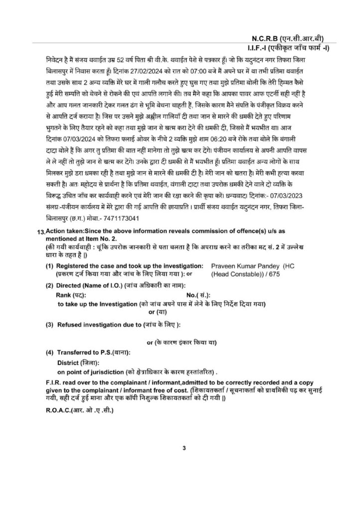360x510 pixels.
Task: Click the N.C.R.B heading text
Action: (x=269, y=38)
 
